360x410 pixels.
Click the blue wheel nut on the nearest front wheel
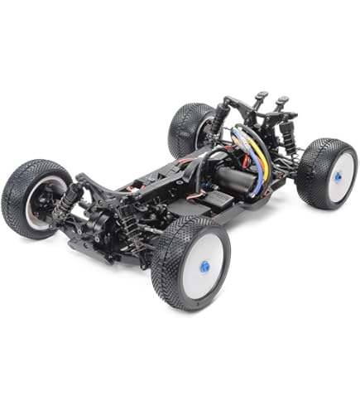[204, 268]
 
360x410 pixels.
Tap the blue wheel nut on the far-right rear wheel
[342, 176]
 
